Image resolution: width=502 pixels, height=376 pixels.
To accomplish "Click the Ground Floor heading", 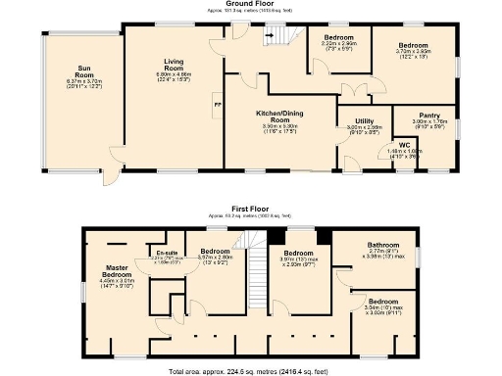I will tap(249, 4).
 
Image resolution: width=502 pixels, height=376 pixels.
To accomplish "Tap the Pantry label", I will tap(429, 115).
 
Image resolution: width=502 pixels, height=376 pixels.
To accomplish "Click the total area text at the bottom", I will tap(250, 372).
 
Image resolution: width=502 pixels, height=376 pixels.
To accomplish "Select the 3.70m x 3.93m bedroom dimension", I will tap(412, 52).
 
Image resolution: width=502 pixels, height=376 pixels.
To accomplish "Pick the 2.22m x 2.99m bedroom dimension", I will tap(337, 45).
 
